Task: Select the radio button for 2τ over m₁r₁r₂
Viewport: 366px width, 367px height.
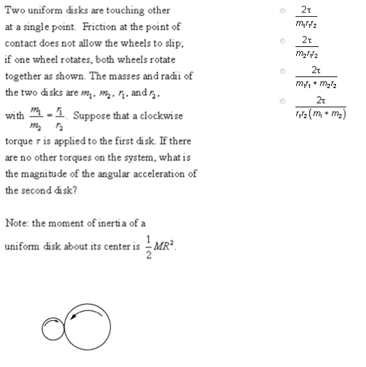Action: point(281,12)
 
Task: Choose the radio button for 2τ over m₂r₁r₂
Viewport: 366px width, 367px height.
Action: point(281,42)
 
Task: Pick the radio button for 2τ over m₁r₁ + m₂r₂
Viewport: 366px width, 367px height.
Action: point(281,71)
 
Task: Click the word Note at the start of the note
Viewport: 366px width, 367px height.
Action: point(17,223)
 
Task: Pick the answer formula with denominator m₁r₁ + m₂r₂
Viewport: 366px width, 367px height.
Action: point(316,71)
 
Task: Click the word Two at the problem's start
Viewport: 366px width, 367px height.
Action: point(15,11)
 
